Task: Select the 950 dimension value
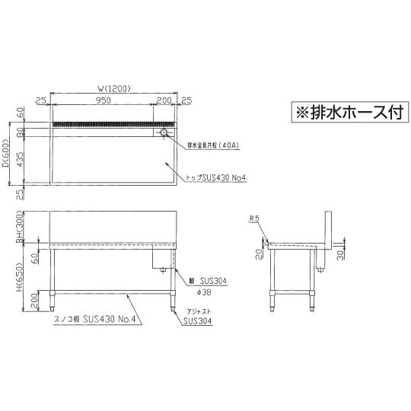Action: (105, 100)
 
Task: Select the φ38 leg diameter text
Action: (197, 290)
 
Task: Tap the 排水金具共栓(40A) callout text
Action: (211, 144)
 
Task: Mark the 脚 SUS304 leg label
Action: (206, 281)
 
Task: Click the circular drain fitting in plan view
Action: (163, 133)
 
